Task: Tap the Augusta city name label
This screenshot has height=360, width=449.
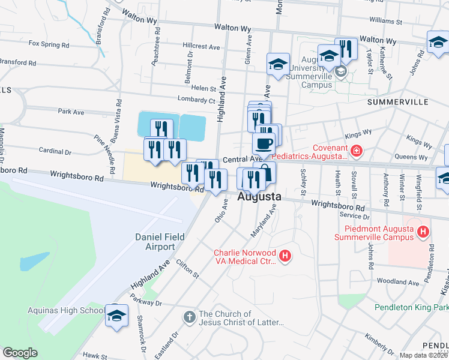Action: click(x=259, y=196)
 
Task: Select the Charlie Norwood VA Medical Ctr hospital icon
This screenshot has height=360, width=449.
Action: click(x=285, y=257)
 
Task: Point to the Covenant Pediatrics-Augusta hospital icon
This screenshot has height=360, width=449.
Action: click(x=357, y=151)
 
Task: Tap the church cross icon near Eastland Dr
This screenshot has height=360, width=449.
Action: click(x=188, y=317)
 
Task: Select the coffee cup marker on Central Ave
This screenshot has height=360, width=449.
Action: click(x=263, y=144)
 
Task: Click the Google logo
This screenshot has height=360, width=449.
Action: click(x=20, y=353)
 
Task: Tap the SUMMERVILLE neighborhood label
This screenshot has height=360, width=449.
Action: click(x=396, y=102)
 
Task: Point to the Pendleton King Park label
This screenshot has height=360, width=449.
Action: click(x=411, y=307)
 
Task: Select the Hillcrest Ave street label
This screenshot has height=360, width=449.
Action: click(x=202, y=46)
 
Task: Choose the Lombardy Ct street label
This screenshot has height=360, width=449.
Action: click(x=196, y=100)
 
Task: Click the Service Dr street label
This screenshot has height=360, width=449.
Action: click(x=355, y=215)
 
